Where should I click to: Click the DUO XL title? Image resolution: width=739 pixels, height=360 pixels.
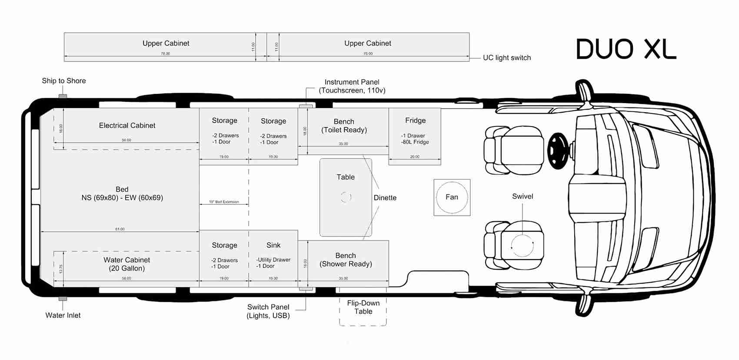[626, 49]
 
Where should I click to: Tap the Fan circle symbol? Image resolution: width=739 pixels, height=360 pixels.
[452, 197]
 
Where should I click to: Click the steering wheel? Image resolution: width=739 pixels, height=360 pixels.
[558, 151]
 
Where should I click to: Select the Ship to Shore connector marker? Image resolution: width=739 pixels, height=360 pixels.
[63, 96]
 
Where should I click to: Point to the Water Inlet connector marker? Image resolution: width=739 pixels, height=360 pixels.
[63, 299]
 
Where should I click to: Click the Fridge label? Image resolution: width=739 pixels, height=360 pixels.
[415, 120]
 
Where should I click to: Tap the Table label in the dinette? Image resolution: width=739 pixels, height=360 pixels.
[346, 177]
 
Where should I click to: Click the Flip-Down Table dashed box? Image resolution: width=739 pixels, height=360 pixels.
[363, 307]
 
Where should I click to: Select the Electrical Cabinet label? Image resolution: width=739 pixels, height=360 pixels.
[127, 126]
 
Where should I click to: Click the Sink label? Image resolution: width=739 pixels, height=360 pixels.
[273, 245]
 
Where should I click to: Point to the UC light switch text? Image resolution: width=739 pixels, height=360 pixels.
[507, 58]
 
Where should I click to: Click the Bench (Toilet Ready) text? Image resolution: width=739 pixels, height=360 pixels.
[344, 126]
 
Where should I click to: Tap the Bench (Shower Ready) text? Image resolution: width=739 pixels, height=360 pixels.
[346, 260]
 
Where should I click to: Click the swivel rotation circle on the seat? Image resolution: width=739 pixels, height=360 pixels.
[522, 246]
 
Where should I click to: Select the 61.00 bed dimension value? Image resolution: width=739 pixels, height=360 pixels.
[120, 229]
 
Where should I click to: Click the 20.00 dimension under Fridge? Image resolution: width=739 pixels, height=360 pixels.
[415, 157]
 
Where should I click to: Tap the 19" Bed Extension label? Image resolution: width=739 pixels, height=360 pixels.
[224, 202]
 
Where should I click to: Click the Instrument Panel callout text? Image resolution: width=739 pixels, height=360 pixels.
[352, 86]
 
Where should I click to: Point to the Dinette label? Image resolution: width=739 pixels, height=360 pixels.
[385, 198]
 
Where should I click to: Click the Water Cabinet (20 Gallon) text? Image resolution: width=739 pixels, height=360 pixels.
[127, 264]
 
